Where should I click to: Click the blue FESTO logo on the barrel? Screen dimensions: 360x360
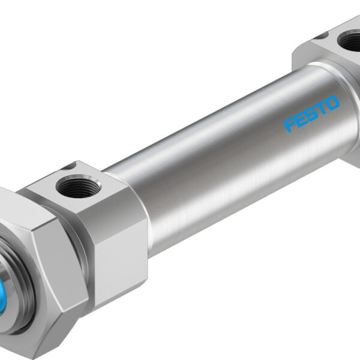pyautogui.click(x=312, y=113)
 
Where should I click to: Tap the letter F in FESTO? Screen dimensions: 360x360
pyautogui.click(x=290, y=125)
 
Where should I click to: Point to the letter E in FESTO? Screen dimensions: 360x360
pyautogui.click(x=301, y=119)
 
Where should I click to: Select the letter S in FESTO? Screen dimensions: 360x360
pyautogui.click(x=311, y=114)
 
